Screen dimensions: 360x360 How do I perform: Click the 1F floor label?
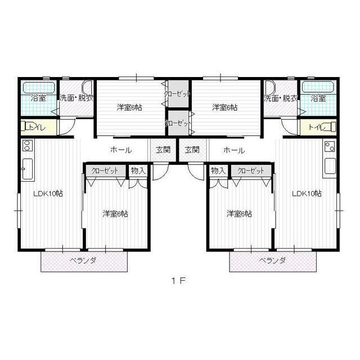coord(178,281)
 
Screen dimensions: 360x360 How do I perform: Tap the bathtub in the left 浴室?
coord(39,88)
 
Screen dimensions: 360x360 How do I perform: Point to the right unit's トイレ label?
coord(317,127)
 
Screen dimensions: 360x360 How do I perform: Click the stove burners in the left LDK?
coord(28,145)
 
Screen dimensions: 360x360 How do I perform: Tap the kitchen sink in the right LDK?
coord(330,166)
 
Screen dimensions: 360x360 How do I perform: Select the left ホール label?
coord(121,150)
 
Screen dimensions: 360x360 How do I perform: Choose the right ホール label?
coord(234,151)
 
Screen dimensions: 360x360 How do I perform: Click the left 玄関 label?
coord(163,150)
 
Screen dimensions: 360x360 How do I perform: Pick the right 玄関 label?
coord(192,150)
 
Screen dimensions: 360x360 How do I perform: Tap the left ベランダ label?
coord(83,260)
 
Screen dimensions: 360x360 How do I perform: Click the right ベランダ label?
coord(272,260)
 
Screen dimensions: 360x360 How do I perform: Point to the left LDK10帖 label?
coord(48,193)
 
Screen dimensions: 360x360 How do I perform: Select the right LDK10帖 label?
coord(307,193)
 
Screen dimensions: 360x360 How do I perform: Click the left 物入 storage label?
coord(138,170)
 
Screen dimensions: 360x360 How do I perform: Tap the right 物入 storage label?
coord(218,170)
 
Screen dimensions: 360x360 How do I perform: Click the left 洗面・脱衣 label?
coord(76,98)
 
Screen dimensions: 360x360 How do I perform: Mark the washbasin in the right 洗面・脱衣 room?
coord(270,87)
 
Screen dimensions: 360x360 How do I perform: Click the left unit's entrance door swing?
coord(161,171)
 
